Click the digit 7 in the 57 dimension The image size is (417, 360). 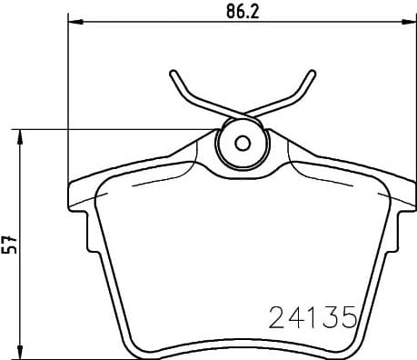tap(8, 238)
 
